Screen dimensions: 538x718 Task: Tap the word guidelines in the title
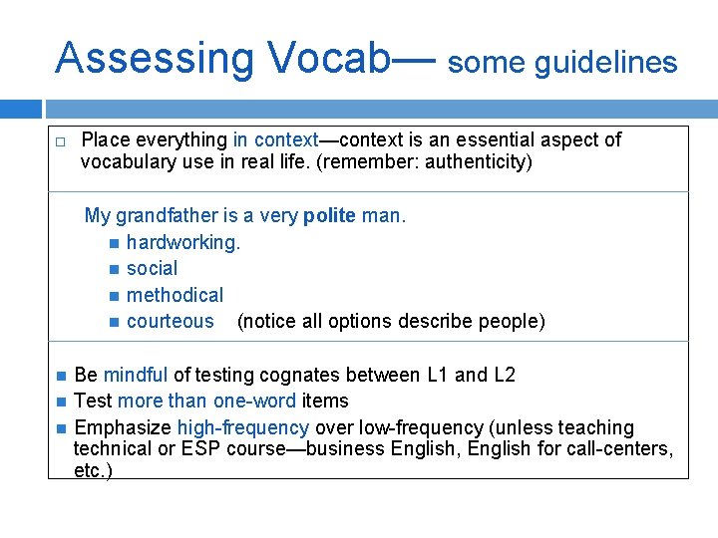coord(605,64)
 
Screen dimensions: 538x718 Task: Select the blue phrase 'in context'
coord(275,140)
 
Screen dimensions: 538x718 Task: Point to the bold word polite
coord(329,216)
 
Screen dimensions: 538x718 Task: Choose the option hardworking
coord(183,242)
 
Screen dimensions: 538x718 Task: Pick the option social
coord(152,269)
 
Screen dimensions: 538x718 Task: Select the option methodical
coord(175,295)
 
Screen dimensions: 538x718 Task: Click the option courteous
coord(170,321)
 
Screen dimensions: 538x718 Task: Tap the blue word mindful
coord(136,376)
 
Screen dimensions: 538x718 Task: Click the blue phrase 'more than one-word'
coord(206,402)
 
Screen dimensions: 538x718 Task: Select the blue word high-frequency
coord(243,427)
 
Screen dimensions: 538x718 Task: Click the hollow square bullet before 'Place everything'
coord(60,141)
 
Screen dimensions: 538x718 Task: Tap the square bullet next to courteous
coord(115,322)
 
